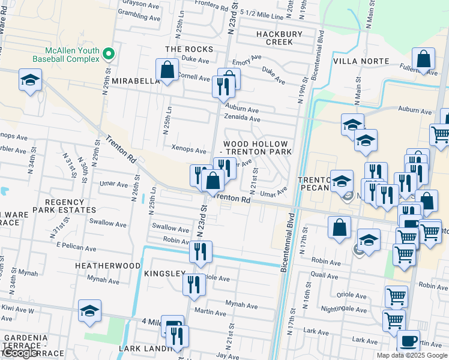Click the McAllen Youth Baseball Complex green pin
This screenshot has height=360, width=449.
[x=109, y=54]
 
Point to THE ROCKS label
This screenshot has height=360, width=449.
[x=189, y=49]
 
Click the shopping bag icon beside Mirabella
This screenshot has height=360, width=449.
[x=167, y=70]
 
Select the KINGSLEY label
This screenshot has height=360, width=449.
[x=164, y=274]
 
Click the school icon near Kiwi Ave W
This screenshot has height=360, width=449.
[x=89, y=311]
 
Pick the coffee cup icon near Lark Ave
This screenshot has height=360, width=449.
[x=408, y=341]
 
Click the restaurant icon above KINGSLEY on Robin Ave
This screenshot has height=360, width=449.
[x=200, y=251]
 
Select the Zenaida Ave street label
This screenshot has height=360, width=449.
[x=242, y=119]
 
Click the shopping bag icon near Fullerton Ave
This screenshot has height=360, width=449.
[x=424, y=60]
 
